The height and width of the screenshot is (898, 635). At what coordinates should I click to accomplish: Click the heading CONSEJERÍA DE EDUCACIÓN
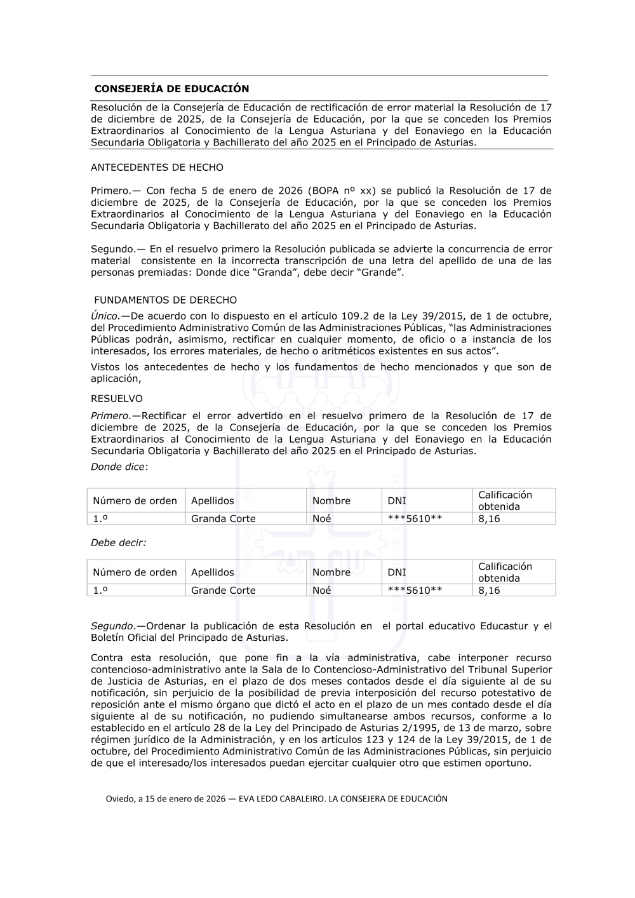coord(171,89)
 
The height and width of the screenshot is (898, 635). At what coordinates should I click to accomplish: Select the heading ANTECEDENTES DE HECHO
coord(157,168)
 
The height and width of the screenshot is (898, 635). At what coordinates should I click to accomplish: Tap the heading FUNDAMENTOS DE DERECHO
coord(165,300)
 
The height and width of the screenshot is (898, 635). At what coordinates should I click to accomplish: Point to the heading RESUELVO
coord(117,399)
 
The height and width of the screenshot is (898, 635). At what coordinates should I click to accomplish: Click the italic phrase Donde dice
coord(118,467)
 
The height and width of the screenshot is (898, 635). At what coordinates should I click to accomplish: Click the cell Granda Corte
coord(224,519)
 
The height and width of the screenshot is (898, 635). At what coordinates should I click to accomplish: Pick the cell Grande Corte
coord(224,591)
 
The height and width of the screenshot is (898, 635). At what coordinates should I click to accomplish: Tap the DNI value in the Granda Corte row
coord(415,519)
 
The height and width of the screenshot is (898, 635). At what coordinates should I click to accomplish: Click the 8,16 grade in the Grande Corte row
coord(489,591)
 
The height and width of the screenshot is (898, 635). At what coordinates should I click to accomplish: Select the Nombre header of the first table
coord(331,501)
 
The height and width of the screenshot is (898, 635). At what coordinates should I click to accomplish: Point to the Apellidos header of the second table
coord(213,573)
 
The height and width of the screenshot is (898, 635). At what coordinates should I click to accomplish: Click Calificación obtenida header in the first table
coord(505,501)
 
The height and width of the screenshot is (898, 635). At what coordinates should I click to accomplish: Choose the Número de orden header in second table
coord(135,573)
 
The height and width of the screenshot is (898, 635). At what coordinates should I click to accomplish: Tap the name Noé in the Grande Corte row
coord(322,591)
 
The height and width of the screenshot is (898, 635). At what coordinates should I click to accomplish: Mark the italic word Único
coord(105,316)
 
